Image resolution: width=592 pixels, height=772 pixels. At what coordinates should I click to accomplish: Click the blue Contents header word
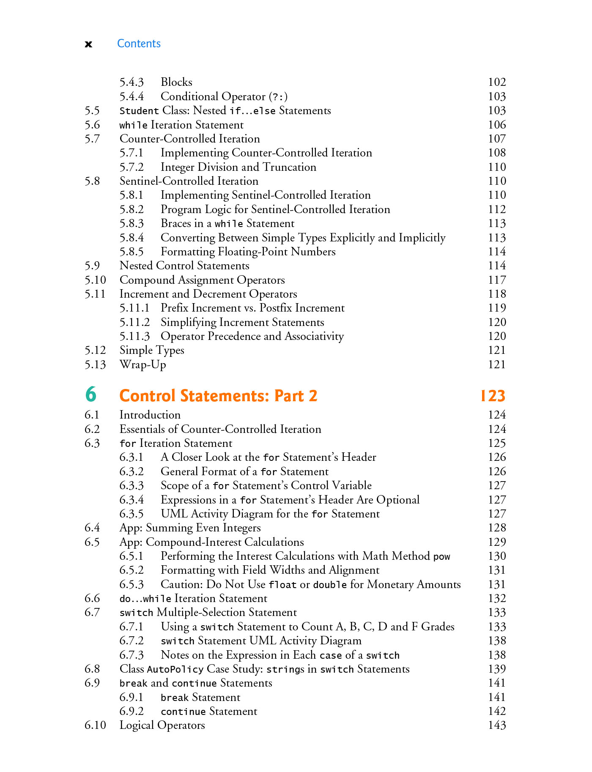click(139, 44)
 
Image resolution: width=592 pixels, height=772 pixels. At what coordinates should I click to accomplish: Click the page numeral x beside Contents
click(88, 44)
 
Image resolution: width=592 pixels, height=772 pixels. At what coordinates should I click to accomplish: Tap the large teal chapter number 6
click(91, 394)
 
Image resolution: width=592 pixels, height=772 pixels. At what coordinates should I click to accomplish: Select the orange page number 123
click(493, 396)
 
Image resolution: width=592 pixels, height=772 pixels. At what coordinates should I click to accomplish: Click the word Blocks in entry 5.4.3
click(176, 82)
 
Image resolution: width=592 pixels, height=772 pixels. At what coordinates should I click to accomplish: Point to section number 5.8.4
click(132, 238)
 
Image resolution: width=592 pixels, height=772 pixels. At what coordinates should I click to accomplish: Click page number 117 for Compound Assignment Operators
click(497, 280)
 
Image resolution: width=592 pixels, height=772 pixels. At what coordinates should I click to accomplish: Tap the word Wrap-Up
click(143, 364)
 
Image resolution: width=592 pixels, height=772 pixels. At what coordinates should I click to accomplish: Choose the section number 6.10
click(95, 725)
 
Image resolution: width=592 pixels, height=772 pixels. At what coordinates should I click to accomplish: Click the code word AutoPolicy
click(175, 669)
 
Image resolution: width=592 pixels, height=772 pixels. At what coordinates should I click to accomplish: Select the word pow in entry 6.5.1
click(442, 556)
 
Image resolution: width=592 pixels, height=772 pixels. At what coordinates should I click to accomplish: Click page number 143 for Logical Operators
click(497, 725)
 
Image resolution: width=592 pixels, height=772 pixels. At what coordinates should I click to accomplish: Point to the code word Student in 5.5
click(139, 111)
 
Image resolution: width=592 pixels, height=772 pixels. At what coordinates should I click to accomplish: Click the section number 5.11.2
click(134, 322)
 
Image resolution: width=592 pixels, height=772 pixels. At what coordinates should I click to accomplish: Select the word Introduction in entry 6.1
click(150, 415)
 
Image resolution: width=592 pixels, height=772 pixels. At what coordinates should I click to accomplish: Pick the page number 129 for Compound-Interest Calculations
click(497, 542)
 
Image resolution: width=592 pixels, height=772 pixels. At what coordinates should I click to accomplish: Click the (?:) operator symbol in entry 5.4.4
click(278, 97)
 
